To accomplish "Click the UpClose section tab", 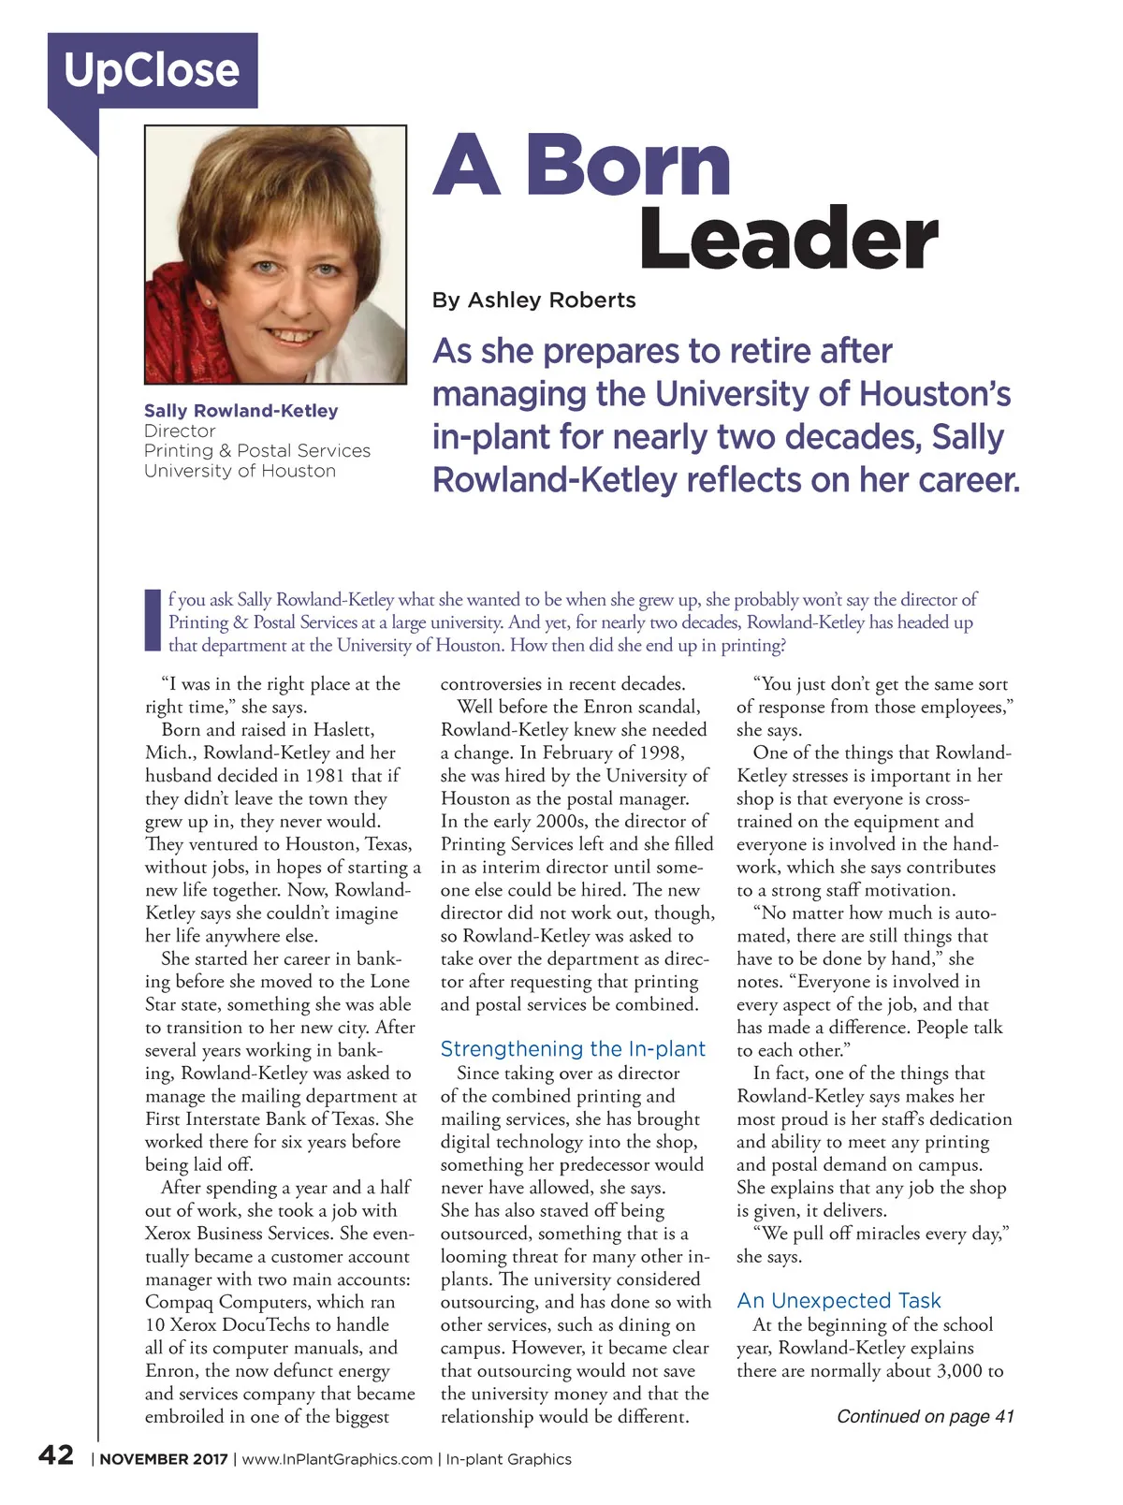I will click(x=153, y=70).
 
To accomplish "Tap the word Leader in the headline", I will click(x=788, y=240).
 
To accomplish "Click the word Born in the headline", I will click(x=628, y=165).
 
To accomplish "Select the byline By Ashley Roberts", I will click(x=533, y=300).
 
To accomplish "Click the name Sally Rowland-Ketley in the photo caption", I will click(x=241, y=411).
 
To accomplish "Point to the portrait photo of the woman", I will click(x=275, y=255).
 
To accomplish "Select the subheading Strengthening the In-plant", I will click(x=573, y=1049).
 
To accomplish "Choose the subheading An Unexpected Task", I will click(x=839, y=1301).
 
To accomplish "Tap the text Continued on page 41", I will click(x=925, y=1417).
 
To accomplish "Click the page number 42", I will click(x=56, y=1454).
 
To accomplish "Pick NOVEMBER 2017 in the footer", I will click(x=164, y=1459).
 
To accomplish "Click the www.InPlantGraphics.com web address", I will click(x=337, y=1459).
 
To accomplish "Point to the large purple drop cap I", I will click(x=153, y=621).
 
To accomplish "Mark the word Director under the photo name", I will click(x=180, y=431).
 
